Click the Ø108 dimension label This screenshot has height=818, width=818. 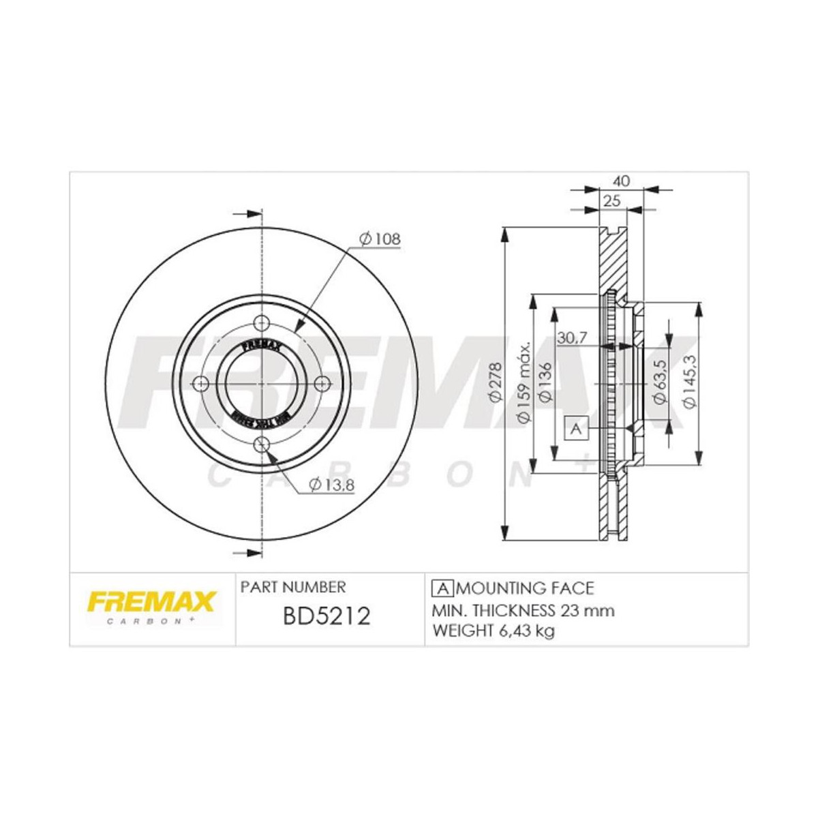pyautogui.click(x=379, y=239)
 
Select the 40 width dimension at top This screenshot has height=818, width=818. pyautogui.click(x=621, y=181)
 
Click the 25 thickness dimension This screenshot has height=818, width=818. pyautogui.click(x=611, y=201)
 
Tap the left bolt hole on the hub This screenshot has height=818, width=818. pyautogui.click(x=200, y=384)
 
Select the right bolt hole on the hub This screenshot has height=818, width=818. pyautogui.click(x=324, y=384)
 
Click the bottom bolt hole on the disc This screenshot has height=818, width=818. pyautogui.click(x=262, y=445)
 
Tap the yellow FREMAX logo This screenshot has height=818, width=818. pyautogui.click(x=149, y=602)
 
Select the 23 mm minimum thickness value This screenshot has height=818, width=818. pyautogui.click(x=586, y=609)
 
